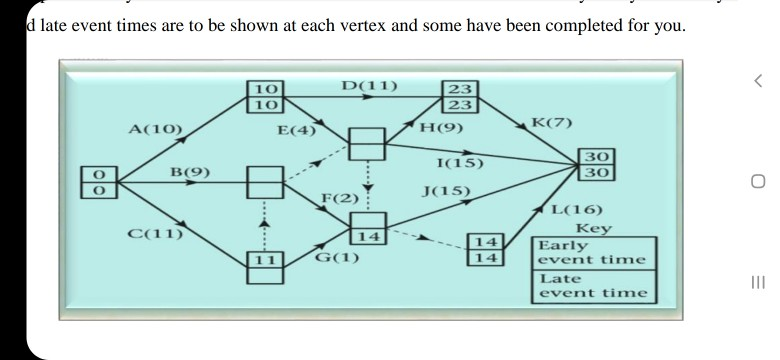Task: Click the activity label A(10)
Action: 155,129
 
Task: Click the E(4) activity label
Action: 297,130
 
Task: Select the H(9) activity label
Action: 440,128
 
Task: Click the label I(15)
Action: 461,163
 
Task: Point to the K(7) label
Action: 551,123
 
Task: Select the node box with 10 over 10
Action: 267,96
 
